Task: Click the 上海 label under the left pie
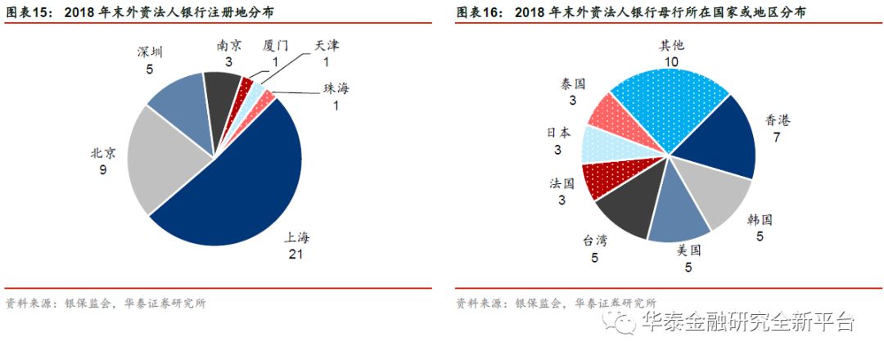(x=297, y=238)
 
